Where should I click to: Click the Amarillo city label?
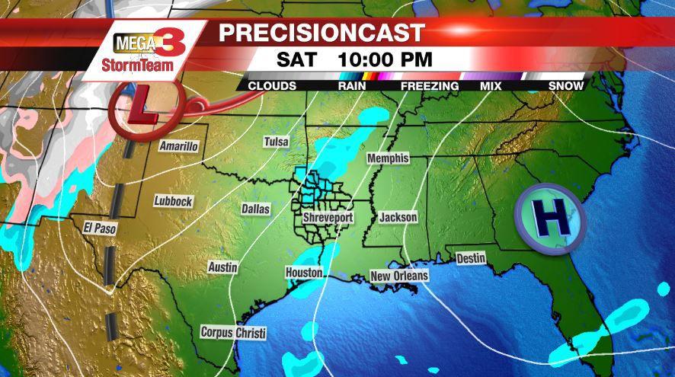point(178,146)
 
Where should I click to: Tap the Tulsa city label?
point(276,142)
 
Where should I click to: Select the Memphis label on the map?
point(388,158)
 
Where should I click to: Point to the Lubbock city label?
point(173,201)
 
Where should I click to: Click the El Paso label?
point(99,228)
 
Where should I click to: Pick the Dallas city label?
point(256,208)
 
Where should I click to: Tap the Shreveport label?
point(328,218)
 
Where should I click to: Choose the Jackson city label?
point(398,218)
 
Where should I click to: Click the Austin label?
point(222,267)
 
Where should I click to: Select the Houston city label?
point(304,273)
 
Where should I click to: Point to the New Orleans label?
point(399,275)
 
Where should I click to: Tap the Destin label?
point(471,259)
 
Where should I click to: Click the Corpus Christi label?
point(234,333)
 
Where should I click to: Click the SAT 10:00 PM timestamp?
point(354,59)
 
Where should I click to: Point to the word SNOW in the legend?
point(566,86)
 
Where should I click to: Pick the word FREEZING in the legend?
point(430,86)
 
